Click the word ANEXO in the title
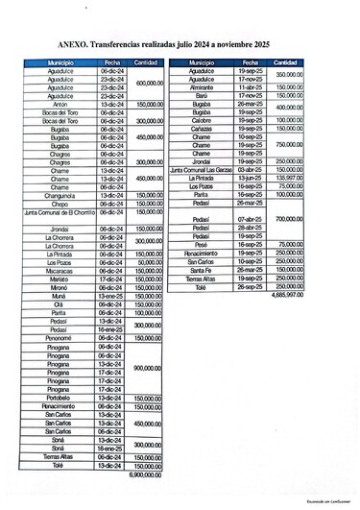click(x=74, y=43)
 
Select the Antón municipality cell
click(x=61, y=104)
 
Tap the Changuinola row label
click(x=61, y=195)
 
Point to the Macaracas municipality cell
click(x=61, y=271)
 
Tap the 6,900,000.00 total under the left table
click(x=146, y=474)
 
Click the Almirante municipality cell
click(x=202, y=86)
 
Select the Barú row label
click(x=202, y=95)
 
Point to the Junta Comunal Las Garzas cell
click(x=202, y=169)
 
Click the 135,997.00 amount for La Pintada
click(x=289, y=178)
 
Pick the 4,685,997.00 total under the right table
click(x=287, y=295)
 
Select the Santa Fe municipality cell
click(x=202, y=270)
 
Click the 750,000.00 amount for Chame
click(x=289, y=144)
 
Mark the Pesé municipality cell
click(x=202, y=245)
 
